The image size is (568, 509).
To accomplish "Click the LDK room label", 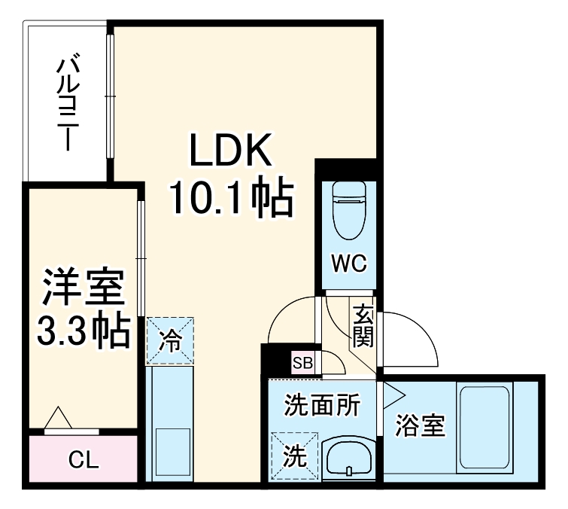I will pyautogui.click(x=230, y=153).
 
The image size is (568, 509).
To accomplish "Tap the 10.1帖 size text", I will pyautogui.click(x=230, y=198).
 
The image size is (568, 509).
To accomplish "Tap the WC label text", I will pyautogui.click(x=349, y=264).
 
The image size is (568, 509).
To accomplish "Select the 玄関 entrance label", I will pyautogui.click(x=363, y=326).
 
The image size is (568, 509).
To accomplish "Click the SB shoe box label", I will pyautogui.click(x=302, y=363).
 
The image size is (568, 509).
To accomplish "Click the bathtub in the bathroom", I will pyautogui.click(x=485, y=428).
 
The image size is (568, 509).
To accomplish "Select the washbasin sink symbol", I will pyautogui.click(x=349, y=457).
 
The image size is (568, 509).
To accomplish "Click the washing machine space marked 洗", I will pyautogui.click(x=295, y=456).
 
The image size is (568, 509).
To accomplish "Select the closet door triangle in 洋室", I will pyautogui.click(x=58, y=417).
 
